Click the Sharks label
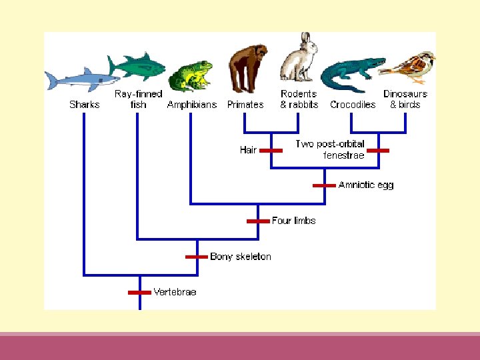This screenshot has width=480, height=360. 85,105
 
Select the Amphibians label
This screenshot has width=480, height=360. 192,105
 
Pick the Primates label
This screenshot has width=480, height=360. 245,105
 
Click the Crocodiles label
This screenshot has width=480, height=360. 353,105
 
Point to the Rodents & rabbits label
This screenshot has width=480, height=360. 299,99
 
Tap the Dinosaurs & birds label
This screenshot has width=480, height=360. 405,99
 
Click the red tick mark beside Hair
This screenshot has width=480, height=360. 271,151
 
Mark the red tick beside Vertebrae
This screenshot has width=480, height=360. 139,292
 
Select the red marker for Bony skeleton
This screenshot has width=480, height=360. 197,256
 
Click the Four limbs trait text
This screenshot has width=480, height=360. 293,221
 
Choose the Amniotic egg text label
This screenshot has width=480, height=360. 366,185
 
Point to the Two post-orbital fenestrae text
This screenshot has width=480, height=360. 330,150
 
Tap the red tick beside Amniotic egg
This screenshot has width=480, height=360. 325,185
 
